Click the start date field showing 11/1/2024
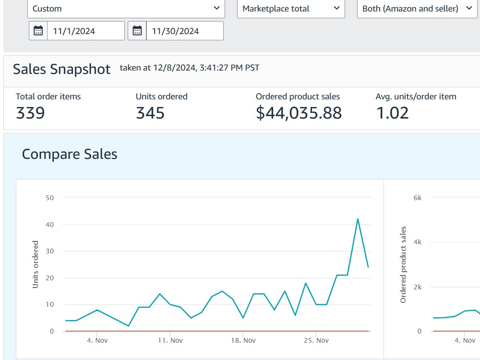86,31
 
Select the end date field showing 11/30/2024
185,31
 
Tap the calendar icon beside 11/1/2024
38,31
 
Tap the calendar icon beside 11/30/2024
137,31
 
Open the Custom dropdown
126,9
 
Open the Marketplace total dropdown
291,9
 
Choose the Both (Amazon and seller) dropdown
417,9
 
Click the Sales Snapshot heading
61,69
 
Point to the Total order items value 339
30,113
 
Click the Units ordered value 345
150,113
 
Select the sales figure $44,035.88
299,113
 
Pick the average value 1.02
392,113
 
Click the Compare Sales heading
70,154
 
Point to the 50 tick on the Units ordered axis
49,198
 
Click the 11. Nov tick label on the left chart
170,340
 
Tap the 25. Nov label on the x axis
316,340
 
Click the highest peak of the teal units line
358,219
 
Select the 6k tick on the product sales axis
418,198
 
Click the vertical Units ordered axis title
36,264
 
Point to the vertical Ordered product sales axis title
403,265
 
